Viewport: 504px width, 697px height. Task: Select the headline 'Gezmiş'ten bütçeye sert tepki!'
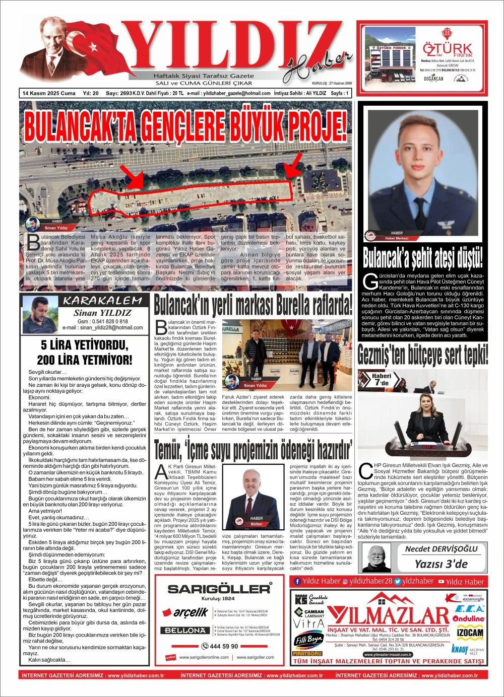tap(422, 355)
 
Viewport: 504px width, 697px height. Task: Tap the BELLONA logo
tap(183, 631)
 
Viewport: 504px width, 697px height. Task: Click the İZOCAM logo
tap(470, 633)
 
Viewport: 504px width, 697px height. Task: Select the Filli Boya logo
tap(308, 640)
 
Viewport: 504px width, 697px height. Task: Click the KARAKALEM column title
tap(102, 301)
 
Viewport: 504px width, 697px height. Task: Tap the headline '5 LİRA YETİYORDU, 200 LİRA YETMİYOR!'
tap(85, 353)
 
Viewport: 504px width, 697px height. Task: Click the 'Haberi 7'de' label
tap(381, 380)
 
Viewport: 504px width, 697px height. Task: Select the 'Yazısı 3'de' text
tap(441, 564)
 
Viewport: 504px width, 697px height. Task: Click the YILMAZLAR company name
tap(388, 616)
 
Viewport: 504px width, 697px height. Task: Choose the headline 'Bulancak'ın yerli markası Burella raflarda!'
tap(253, 305)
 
